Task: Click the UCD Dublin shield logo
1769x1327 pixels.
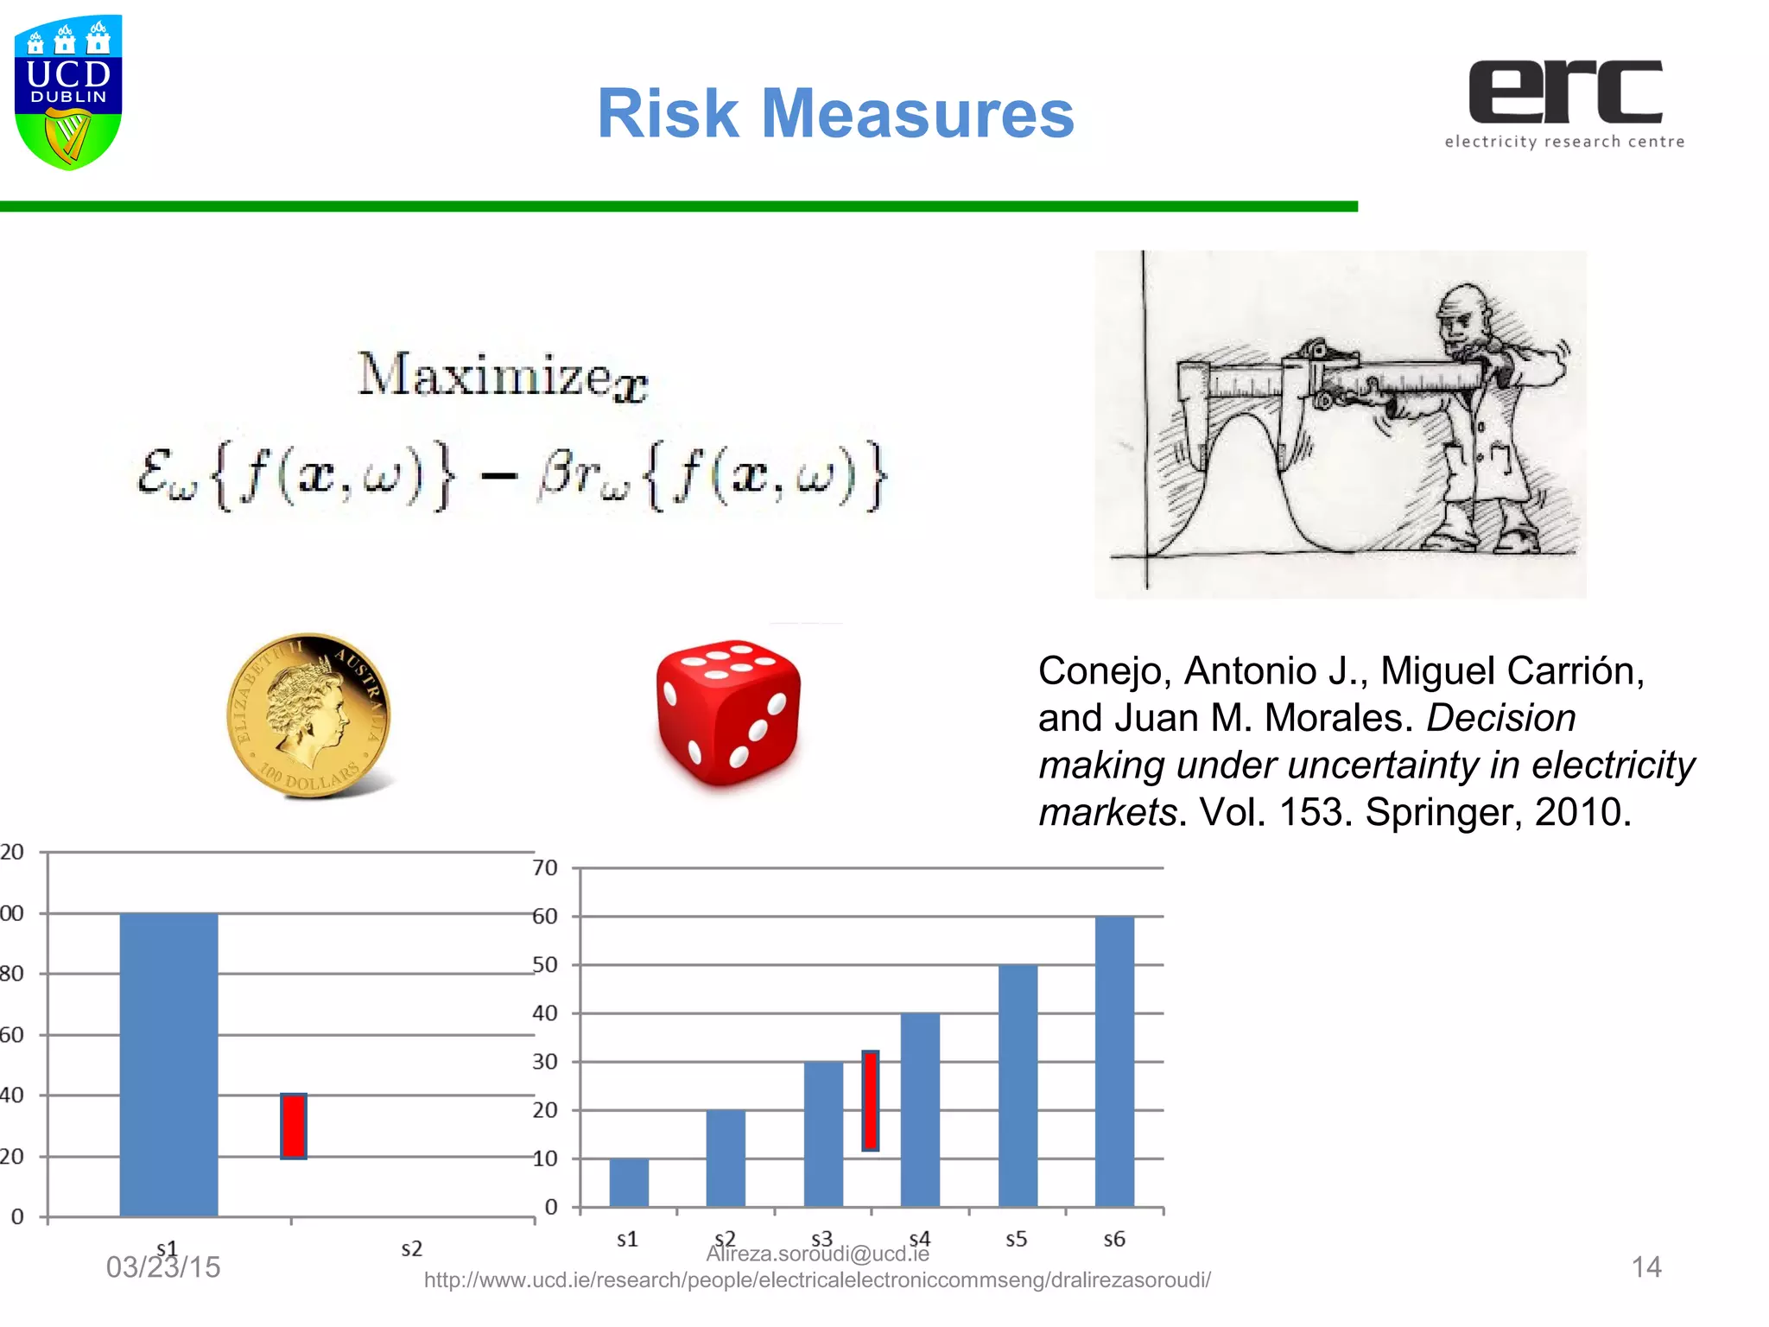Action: pos(68,92)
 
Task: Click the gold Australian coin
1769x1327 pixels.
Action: pos(308,714)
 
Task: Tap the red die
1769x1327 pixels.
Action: pos(728,713)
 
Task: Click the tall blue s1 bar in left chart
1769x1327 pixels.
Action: pos(168,1064)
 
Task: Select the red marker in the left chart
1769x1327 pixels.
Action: pos(294,1126)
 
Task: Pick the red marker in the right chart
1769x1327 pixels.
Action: pos(871,1101)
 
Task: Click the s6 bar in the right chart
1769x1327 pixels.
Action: pos(1114,1061)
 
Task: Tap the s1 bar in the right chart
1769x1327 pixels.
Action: pos(629,1182)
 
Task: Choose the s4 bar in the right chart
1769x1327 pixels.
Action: pos(920,1109)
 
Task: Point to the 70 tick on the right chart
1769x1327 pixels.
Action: pos(545,867)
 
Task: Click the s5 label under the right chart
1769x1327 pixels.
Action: pos(1017,1239)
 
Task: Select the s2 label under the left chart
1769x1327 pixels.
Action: pos(412,1248)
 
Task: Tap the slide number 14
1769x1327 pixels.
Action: pos(1645,1267)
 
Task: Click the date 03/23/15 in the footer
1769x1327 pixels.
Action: pos(163,1267)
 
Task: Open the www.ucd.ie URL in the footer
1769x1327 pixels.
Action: pos(817,1279)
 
